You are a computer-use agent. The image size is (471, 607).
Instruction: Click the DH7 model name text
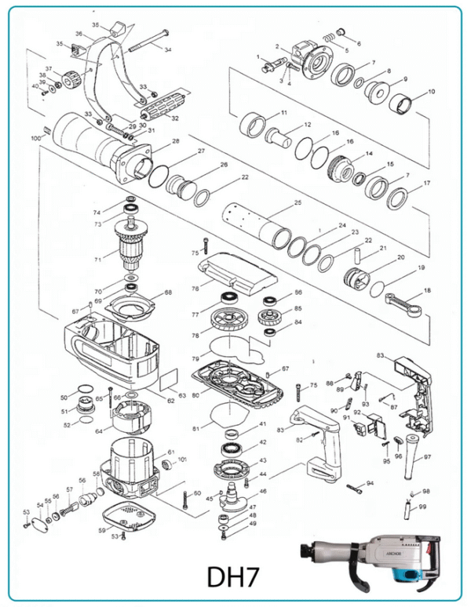tap(237, 576)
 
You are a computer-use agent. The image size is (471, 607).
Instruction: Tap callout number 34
tap(168, 49)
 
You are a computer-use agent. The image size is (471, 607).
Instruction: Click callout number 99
tap(422, 507)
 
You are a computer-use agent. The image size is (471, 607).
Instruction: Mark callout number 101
tap(182, 459)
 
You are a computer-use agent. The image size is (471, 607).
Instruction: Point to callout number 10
tap(431, 93)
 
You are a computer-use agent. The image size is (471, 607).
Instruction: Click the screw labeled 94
tap(355, 489)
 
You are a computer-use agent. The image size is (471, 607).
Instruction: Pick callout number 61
tap(171, 453)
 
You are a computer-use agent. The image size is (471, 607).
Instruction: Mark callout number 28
tap(176, 141)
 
